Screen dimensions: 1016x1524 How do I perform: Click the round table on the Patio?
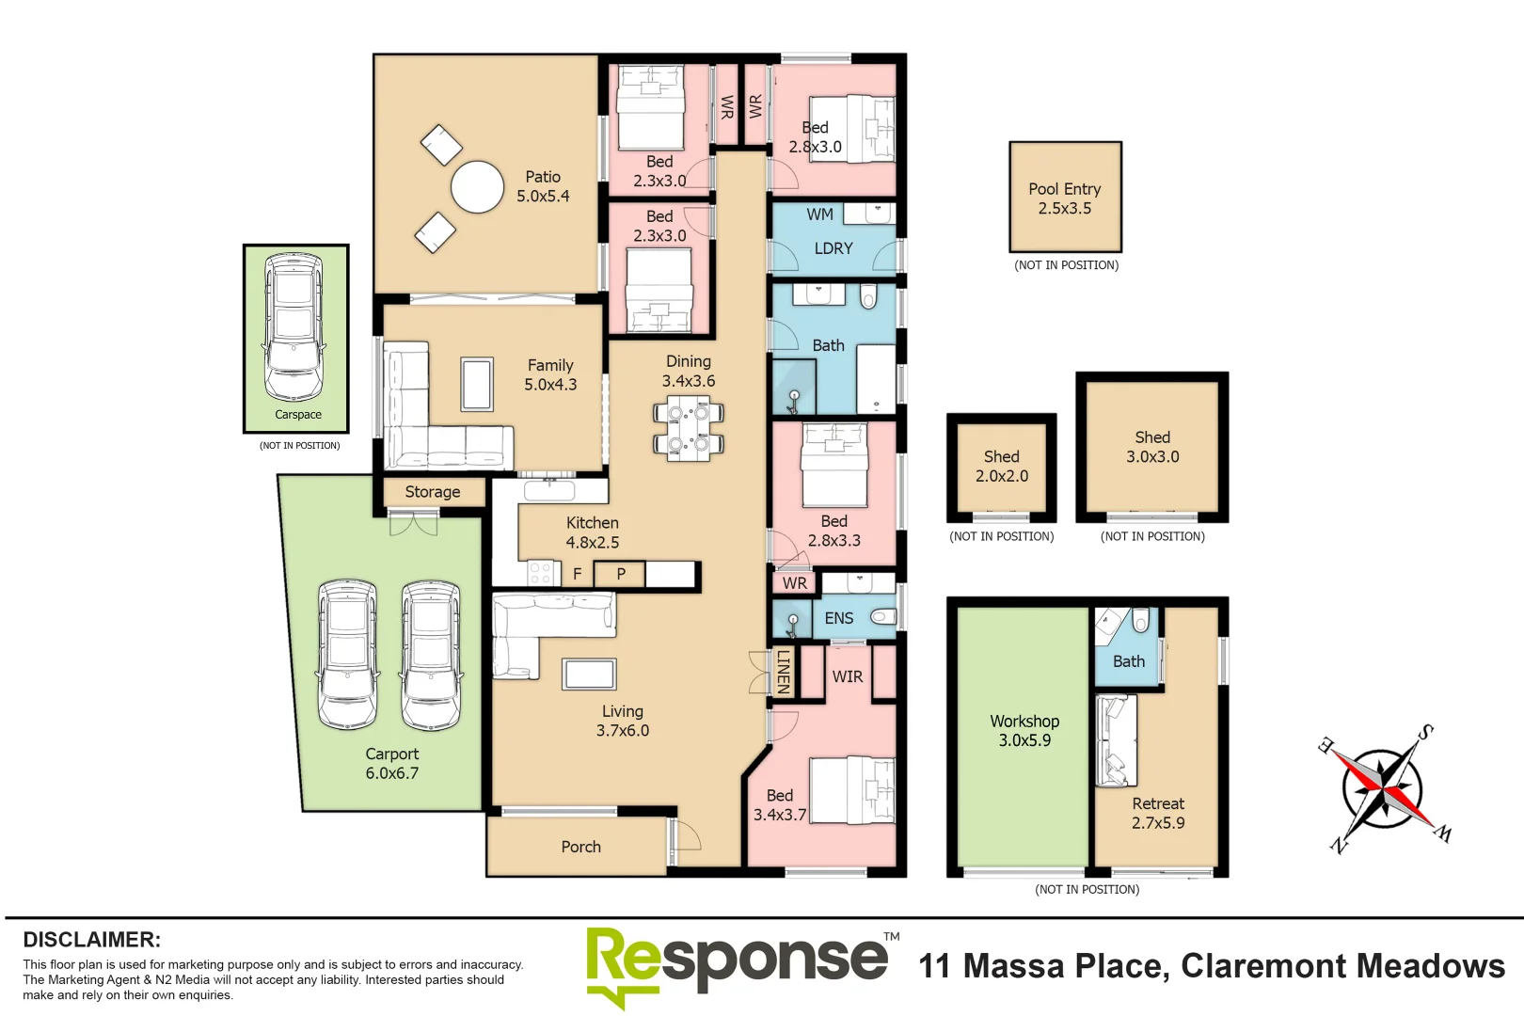477,187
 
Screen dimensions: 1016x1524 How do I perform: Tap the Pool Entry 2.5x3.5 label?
1064,198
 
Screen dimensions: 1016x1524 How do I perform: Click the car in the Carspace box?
294,325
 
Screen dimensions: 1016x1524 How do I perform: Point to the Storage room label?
432,492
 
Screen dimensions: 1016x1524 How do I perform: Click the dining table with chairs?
689,427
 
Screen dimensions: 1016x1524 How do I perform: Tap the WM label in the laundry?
819,214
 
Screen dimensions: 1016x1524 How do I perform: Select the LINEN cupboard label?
783,672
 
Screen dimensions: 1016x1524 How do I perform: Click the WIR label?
847,676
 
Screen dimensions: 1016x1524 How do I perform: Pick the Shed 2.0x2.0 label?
1001,467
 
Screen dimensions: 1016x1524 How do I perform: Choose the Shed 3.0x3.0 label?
1151,447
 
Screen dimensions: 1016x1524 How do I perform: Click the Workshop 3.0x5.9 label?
1024,731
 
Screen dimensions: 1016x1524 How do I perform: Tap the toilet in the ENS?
882,617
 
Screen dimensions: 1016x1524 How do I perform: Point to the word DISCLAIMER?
91,940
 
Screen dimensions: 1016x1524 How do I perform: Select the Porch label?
580,847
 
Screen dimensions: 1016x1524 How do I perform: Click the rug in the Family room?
477,384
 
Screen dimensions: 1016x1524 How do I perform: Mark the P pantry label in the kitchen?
621,573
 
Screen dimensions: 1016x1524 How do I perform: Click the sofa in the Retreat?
1116,740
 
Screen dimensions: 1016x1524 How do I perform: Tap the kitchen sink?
548,490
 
